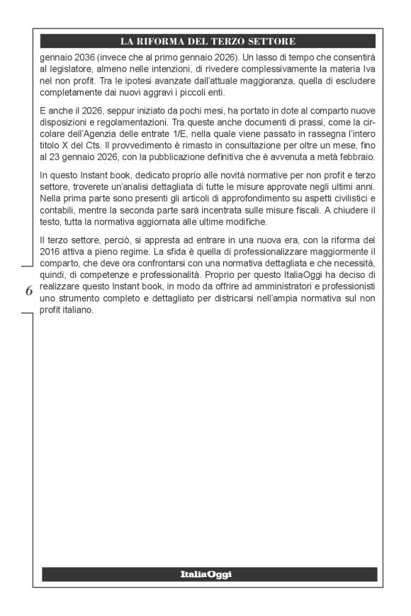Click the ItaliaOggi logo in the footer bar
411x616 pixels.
click(x=205, y=574)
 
